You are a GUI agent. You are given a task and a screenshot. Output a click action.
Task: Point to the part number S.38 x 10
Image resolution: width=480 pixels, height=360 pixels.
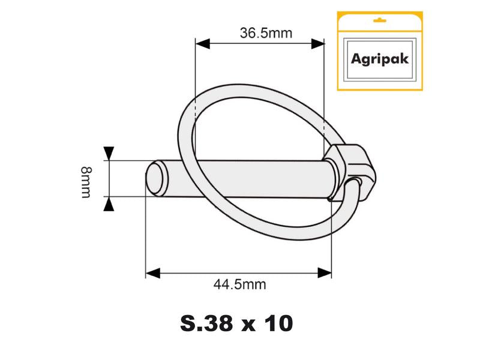pos(236,323)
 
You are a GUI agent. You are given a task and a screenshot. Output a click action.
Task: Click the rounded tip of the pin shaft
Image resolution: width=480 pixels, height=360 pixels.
pos(154,178)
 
